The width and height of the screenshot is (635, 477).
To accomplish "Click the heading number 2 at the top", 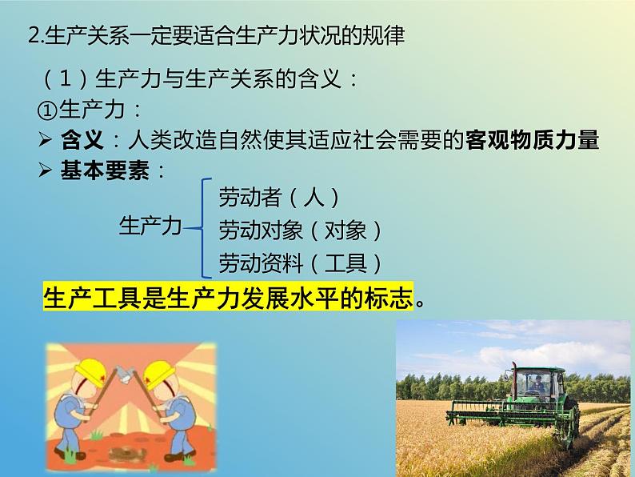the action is (x=34, y=36).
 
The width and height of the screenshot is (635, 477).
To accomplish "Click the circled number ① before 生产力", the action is (x=47, y=110).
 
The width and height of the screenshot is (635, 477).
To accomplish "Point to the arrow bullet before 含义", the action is (x=45, y=139).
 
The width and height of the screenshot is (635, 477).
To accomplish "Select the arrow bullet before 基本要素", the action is (x=45, y=170).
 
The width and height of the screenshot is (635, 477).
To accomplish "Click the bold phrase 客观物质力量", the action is (x=532, y=140).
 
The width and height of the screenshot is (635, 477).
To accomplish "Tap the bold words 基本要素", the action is (x=105, y=170).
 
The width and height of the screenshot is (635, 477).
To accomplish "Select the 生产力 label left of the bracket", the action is (x=150, y=226).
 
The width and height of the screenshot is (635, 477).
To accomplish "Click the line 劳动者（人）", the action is (x=279, y=198).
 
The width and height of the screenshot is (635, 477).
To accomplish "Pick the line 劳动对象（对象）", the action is (x=301, y=230).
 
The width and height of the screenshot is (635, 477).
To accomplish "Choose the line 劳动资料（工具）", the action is (x=301, y=263).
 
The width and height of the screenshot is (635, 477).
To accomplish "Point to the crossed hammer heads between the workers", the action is (x=123, y=374).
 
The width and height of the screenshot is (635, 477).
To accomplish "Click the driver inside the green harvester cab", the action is (x=537, y=383).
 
